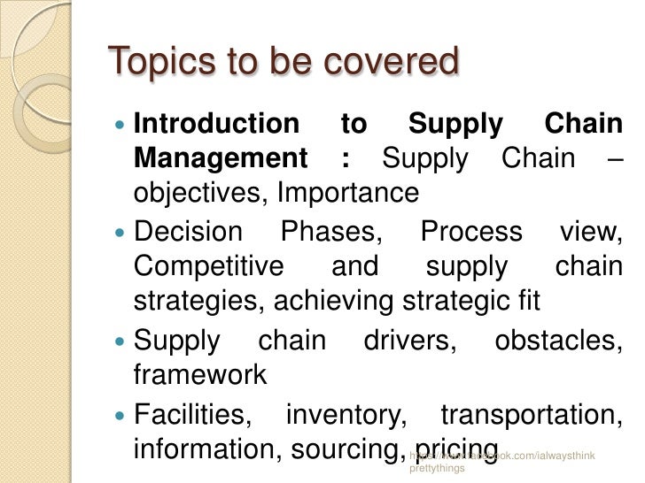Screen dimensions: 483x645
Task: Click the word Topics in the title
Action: (155, 62)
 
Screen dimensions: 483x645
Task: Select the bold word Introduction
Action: (216, 124)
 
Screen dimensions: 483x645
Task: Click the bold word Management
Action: (221, 159)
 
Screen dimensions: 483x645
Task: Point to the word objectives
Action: (199, 193)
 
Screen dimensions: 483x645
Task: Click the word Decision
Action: (187, 232)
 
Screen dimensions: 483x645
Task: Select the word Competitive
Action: (208, 266)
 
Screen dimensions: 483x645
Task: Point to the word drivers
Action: (410, 341)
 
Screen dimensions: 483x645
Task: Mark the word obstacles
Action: (558, 341)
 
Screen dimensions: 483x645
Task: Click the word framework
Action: (199, 374)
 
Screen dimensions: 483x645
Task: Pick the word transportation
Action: (531, 413)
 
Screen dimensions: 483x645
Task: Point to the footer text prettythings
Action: (437, 469)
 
